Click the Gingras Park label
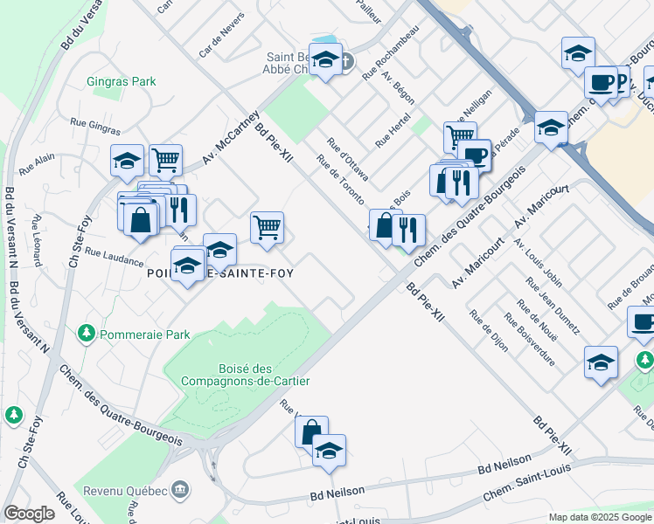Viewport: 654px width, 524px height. pos(122,82)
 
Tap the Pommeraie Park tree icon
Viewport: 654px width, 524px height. pos(86,334)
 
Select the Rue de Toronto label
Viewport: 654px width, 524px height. pos(340,179)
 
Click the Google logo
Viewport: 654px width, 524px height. pos(29,514)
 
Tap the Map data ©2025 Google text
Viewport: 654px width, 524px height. pos(599,517)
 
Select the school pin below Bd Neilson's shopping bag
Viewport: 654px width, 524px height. pos(329,451)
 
